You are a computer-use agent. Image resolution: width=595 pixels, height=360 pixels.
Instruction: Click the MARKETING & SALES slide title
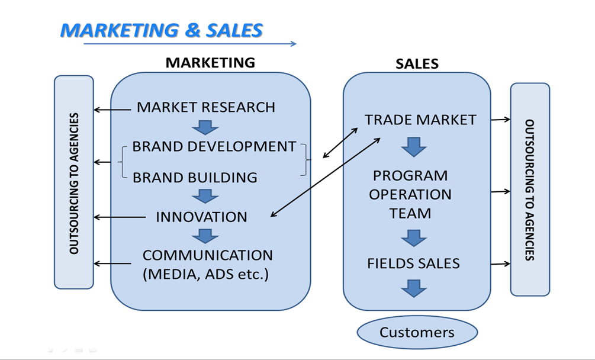[161, 30]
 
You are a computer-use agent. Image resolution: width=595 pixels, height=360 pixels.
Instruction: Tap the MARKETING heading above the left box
[210, 63]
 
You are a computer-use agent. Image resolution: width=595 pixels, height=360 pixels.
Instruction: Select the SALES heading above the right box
[417, 64]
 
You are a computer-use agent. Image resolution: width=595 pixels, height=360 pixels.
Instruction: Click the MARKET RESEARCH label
[205, 107]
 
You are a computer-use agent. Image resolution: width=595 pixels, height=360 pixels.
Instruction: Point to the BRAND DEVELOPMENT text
[214, 146]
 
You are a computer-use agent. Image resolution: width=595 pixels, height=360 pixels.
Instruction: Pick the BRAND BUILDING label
[195, 178]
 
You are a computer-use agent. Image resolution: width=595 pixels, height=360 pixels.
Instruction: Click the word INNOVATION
[201, 217]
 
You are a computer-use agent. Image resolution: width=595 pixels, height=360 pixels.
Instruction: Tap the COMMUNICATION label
[208, 255]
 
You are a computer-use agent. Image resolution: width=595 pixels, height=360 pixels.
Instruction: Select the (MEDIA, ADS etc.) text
[205, 274]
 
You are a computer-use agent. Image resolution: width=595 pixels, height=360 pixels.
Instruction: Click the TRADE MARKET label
[420, 120]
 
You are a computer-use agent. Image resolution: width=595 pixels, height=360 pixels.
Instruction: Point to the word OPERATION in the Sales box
[410, 195]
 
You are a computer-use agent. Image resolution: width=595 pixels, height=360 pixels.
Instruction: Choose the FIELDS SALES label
[413, 263]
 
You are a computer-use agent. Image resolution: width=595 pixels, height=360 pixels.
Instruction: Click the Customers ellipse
[417, 332]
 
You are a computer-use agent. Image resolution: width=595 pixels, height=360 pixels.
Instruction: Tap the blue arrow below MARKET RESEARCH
[205, 128]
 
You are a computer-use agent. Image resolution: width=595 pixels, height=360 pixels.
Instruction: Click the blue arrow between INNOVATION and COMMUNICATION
[205, 236]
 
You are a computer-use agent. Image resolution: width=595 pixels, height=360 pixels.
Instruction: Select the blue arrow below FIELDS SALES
[414, 288]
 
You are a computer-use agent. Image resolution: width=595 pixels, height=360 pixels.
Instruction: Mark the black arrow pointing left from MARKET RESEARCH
[112, 110]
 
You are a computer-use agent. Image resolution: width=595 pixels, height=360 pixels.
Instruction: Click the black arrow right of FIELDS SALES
[500, 263]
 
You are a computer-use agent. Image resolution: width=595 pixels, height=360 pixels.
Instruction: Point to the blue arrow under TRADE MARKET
[414, 147]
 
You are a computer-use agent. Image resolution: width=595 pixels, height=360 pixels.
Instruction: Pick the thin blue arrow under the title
[189, 44]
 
